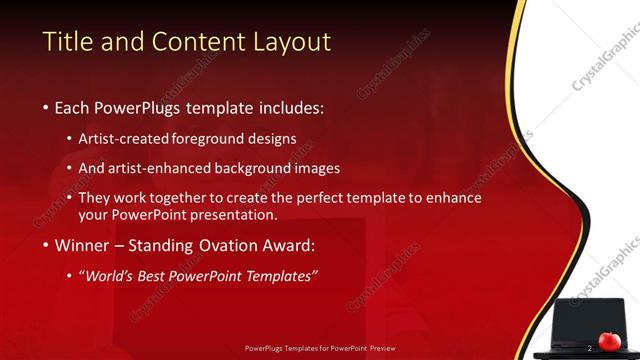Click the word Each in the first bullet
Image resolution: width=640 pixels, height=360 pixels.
[x=72, y=107]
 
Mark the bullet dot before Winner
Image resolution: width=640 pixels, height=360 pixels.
[x=46, y=246]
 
